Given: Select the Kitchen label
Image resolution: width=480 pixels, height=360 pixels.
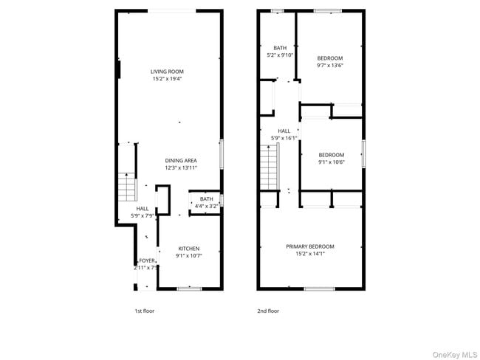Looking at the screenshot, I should pyautogui.click(x=188, y=249).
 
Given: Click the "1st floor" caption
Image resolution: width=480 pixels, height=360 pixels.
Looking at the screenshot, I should pyautogui.click(x=144, y=311).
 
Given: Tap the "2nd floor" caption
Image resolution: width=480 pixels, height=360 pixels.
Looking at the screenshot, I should pyautogui.click(x=268, y=311).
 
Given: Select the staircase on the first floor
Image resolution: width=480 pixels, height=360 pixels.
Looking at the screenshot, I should pyautogui.click(x=127, y=186).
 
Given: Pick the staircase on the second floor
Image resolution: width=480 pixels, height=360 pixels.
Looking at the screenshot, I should pyautogui.click(x=267, y=167).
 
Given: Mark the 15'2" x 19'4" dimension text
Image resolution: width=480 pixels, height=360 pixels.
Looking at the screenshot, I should pyautogui.click(x=167, y=78).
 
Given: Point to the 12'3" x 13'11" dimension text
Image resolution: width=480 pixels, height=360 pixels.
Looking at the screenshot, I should pyautogui.click(x=181, y=168).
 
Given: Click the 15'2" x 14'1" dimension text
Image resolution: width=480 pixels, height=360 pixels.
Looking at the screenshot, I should pyautogui.click(x=310, y=254).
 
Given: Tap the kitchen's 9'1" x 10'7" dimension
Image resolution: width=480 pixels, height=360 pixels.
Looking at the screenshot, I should pyautogui.click(x=188, y=255).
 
